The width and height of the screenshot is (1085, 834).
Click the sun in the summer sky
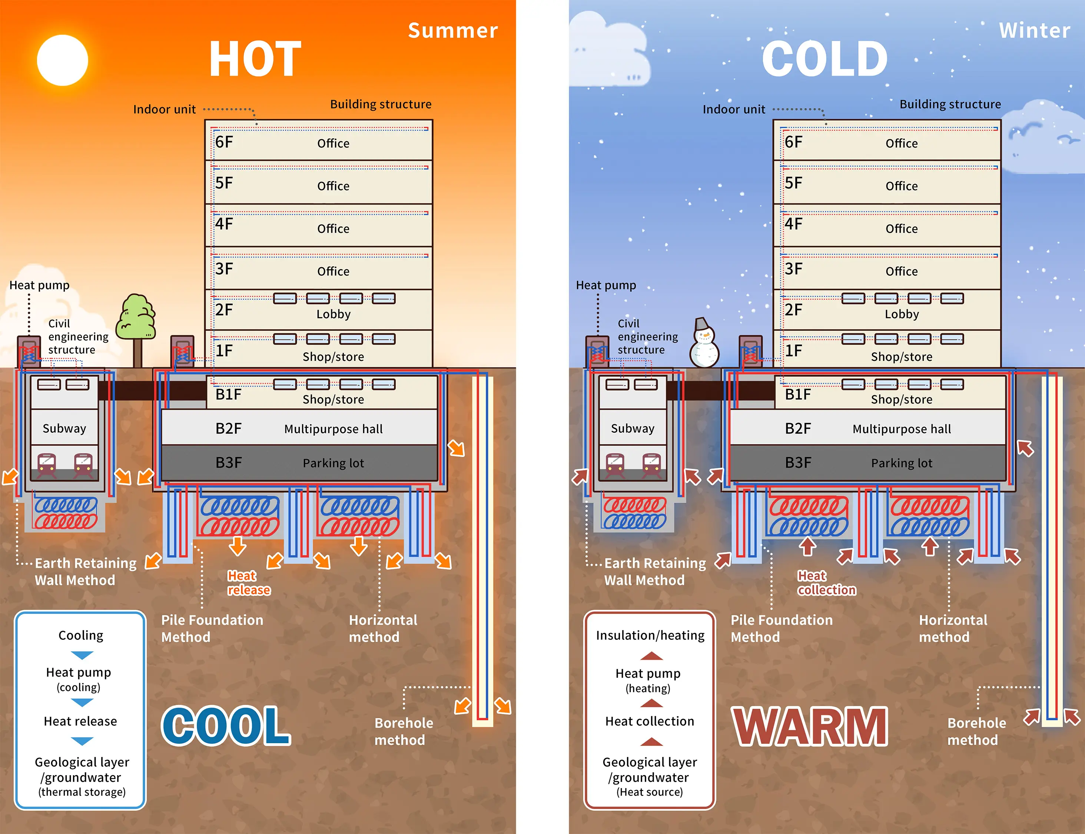click(63, 60)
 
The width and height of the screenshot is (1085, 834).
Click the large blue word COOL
click(226, 725)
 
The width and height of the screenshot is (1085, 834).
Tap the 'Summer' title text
click(453, 31)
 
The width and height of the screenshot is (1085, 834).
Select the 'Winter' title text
click(1034, 31)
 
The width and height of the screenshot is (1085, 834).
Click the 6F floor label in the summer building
click(224, 143)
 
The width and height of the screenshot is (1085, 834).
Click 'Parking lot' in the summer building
click(333, 463)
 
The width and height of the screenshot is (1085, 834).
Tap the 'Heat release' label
click(249, 583)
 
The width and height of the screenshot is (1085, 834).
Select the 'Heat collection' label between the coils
click(826, 583)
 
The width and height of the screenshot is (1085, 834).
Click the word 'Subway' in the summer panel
click(64, 428)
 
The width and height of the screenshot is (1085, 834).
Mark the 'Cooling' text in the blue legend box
click(81, 635)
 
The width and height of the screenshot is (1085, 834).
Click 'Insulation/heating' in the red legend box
click(650, 635)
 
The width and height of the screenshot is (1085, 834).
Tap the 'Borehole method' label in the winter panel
click(976, 731)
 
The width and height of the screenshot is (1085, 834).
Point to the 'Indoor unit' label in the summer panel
click(165, 109)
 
